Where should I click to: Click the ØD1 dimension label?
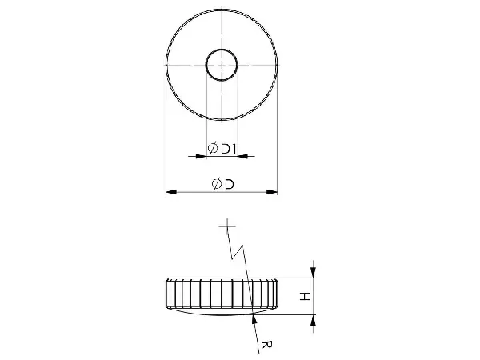tap(222, 149)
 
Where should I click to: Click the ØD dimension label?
tap(223, 184)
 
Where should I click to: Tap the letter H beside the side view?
tap(305, 296)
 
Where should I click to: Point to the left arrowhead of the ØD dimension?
tap(171, 192)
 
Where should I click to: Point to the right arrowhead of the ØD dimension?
tap(272, 192)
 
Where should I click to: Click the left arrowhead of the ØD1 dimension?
tap(201, 157)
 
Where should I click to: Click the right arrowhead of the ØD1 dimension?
tap(242, 157)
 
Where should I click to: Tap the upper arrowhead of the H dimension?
tap(313, 272)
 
